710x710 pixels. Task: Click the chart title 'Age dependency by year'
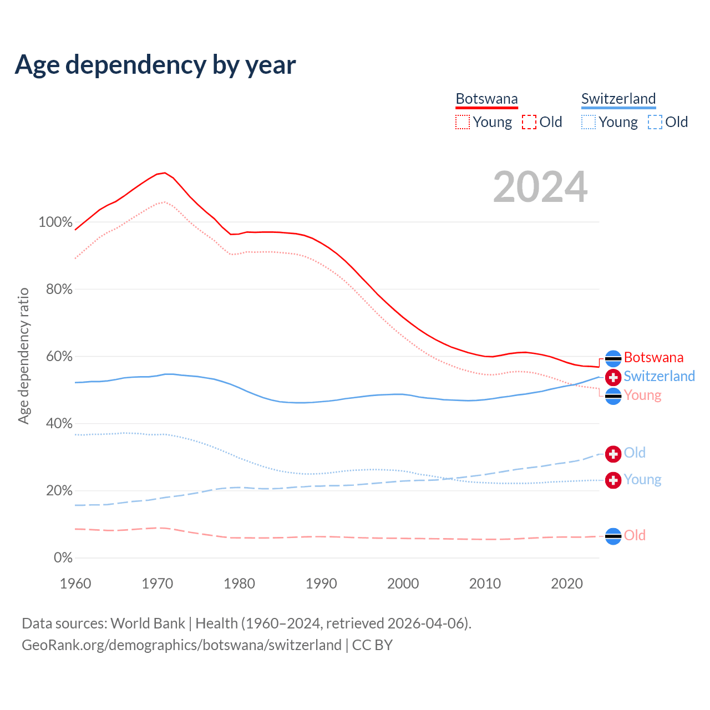click(155, 65)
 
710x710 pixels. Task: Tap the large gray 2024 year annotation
click(540, 187)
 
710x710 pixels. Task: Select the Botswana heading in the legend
click(486, 99)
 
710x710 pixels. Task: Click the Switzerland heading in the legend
click(618, 99)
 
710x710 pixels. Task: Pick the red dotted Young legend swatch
click(463, 122)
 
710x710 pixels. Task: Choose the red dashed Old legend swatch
click(529, 122)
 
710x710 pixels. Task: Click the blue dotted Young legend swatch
click(589, 122)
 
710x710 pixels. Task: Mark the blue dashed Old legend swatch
click(655, 122)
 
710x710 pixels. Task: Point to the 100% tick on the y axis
click(55, 222)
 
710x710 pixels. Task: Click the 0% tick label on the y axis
click(63, 558)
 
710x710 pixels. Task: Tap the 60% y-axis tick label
click(59, 357)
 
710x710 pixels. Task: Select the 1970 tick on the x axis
click(158, 584)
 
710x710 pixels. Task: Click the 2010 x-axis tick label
click(485, 584)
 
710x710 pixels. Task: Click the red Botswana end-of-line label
click(653, 357)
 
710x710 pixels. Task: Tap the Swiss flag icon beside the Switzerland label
click(613, 378)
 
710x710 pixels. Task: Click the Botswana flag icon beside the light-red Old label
click(613, 536)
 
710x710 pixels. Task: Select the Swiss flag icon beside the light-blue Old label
click(613, 454)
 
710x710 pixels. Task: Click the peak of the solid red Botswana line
click(164, 173)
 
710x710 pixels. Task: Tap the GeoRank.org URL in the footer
click(181, 645)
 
